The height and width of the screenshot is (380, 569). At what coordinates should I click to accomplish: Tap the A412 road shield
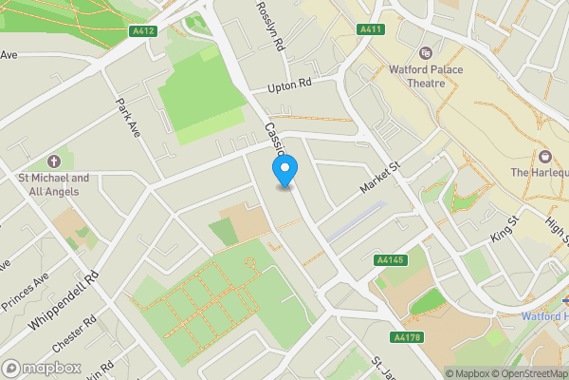pyautogui.click(x=143, y=31)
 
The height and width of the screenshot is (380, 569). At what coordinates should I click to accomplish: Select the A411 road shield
pyautogui.click(x=371, y=30)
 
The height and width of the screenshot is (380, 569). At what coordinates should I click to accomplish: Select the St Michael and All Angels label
pyautogui.click(x=53, y=183)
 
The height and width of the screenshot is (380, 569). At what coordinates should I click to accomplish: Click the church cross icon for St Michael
pyautogui.click(x=53, y=161)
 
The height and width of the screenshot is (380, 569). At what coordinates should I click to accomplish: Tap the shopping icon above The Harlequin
pyautogui.click(x=545, y=155)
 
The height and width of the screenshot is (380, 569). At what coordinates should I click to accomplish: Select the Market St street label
pyautogui.click(x=381, y=178)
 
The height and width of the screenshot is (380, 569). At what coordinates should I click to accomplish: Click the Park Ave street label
pyautogui.click(x=128, y=118)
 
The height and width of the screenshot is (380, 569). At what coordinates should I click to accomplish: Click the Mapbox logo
pyautogui.click(x=40, y=368)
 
